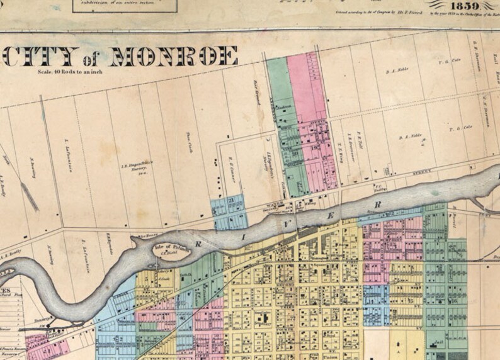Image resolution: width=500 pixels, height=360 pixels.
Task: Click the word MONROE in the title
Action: (174, 57)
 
